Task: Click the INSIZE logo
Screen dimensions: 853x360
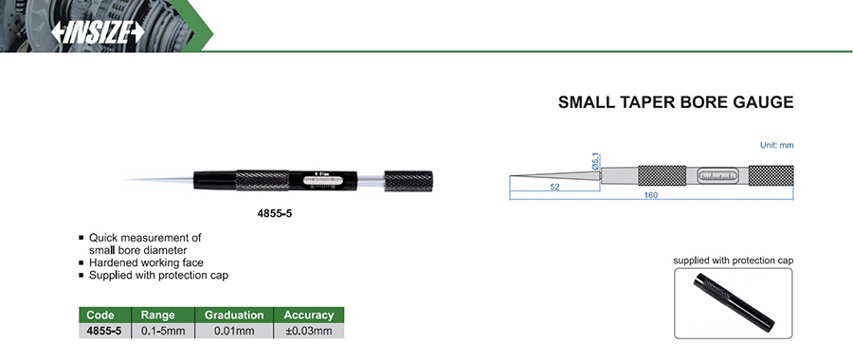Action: (x=98, y=32)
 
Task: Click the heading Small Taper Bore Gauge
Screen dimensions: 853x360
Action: (x=676, y=102)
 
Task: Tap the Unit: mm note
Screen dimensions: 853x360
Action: (x=777, y=146)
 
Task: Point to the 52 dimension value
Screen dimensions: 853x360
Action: (x=554, y=187)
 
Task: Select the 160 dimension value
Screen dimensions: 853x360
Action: (x=651, y=195)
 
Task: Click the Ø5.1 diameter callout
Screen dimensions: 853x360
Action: (x=595, y=161)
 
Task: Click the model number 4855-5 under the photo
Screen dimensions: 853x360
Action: (x=275, y=214)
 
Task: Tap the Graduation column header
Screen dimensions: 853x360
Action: (x=234, y=315)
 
